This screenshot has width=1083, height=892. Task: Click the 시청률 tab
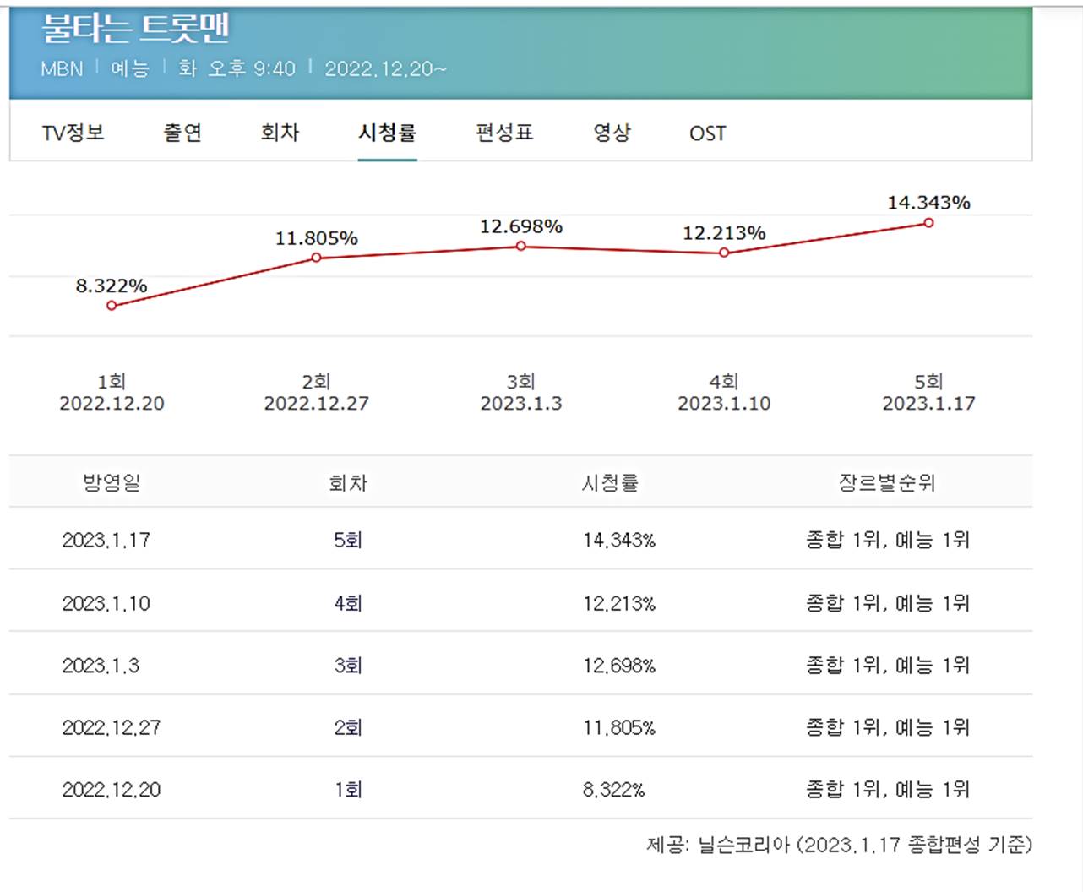tap(387, 133)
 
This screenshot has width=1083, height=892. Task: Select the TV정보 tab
tap(73, 133)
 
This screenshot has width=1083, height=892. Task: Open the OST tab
tap(707, 133)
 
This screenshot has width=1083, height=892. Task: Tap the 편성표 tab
tap(504, 133)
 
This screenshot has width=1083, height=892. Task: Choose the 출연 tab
tap(182, 133)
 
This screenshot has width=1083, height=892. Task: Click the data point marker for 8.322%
tap(112, 306)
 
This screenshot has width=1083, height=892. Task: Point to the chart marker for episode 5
tap(928, 223)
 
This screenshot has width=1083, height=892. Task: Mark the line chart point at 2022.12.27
tap(317, 258)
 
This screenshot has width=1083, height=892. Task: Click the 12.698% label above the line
tap(521, 226)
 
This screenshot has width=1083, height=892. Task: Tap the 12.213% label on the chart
tap(724, 233)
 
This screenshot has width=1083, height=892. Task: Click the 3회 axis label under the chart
tap(521, 382)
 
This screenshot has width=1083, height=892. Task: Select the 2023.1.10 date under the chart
tap(724, 404)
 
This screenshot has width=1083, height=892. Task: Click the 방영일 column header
tap(112, 482)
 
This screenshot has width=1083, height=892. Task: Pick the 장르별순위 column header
tap(887, 482)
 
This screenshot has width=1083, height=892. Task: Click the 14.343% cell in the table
tap(619, 540)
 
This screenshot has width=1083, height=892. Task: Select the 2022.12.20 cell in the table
tap(112, 790)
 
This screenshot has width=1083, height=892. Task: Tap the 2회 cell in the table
tap(348, 727)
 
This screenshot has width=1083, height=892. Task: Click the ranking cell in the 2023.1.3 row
tap(887, 666)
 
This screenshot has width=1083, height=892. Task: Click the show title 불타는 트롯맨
tap(135, 28)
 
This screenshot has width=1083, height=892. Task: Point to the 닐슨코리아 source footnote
tap(839, 844)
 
